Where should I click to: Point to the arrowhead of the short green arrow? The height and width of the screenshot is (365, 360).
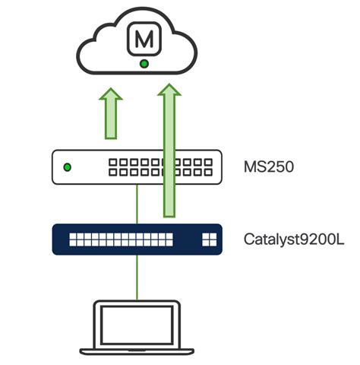pyautogui.click(x=112, y=97)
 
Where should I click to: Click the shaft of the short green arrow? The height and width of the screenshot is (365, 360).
pyautogui.click(x=112, y=122)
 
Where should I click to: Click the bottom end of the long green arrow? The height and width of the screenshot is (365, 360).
pyautogui.click(x=169, y=215)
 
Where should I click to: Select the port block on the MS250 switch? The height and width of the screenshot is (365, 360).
pyautogui.click(x=159, y=167)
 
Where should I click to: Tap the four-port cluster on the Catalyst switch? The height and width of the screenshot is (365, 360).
pyautogui.click(x=208, y=239)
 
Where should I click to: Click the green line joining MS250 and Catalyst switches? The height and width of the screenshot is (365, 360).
pyautogui.click(x=137, y=204)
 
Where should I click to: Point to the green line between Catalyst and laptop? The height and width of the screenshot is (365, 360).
pyautogui.click(x=137, y=277)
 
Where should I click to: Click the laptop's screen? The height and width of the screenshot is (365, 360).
pyautogui.click(x=137, y=322)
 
